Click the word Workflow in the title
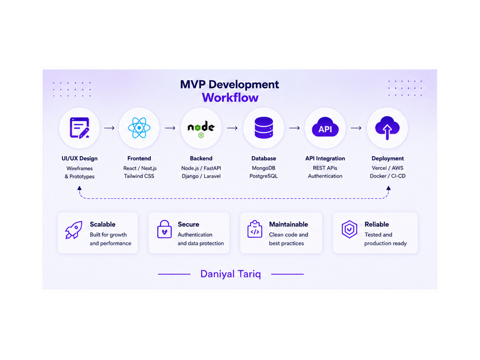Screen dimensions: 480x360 point(230,97)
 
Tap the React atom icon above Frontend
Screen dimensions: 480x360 point(139,128)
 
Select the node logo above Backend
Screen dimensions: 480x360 point(201,129)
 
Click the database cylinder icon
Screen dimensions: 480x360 point(264,128)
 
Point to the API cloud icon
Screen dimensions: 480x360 point(325,127)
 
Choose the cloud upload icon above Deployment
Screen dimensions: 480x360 point(387,128)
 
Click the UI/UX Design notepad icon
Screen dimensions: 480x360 point(79,128)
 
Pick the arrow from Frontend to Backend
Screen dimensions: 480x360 point(170,128)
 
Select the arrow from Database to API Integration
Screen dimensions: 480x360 point(295,128)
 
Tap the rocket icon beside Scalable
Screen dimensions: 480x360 point(73,230)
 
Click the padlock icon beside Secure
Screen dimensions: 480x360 point(164,229)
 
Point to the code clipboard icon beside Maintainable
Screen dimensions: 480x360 point(255,229)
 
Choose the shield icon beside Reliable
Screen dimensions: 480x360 point(349,229)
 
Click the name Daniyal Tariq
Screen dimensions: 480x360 point(230,274)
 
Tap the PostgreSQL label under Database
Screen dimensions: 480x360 point(264,176)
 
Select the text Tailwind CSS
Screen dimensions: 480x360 point(139,176)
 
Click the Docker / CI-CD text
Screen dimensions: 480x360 point(387,176)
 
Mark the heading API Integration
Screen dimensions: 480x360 point(325,158)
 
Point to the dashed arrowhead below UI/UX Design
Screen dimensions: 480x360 point(79,188)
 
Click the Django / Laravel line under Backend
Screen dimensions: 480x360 point(201,176)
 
